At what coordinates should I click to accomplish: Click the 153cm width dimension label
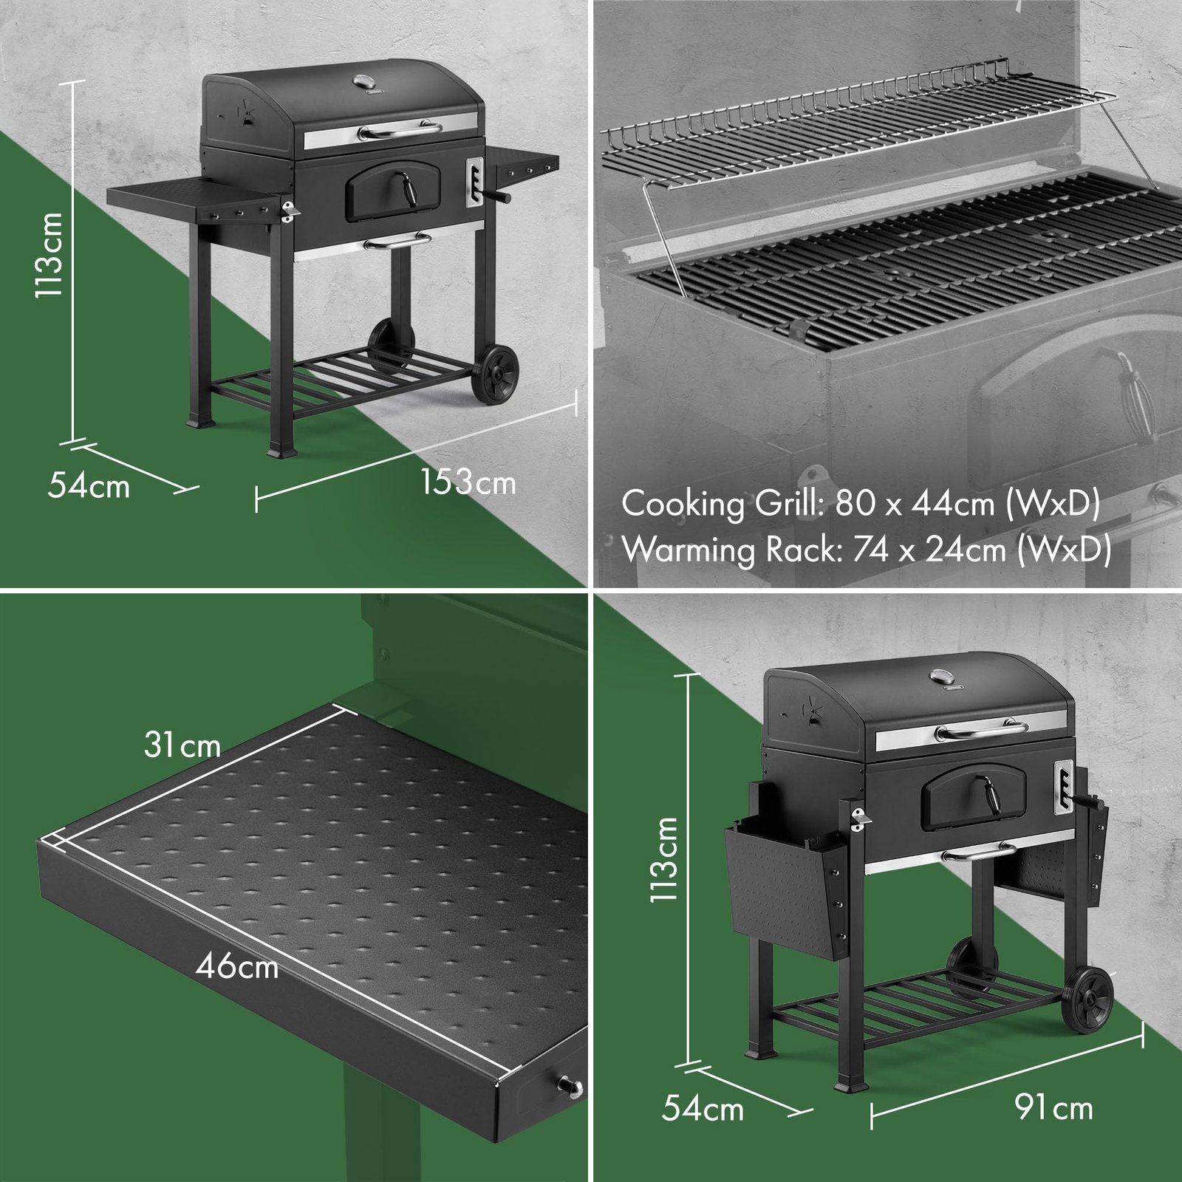pos(468,482)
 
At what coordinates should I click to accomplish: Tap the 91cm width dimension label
pos(1053,1107)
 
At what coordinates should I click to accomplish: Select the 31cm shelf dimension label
pos(182,745)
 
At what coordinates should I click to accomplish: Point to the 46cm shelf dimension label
pos(236,966)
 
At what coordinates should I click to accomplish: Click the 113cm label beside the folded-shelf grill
pos(663,858)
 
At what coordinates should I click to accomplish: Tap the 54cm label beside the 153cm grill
pos(89,486)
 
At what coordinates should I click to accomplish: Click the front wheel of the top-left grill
pos(496,375)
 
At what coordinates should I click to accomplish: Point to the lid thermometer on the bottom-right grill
pos(943,676)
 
